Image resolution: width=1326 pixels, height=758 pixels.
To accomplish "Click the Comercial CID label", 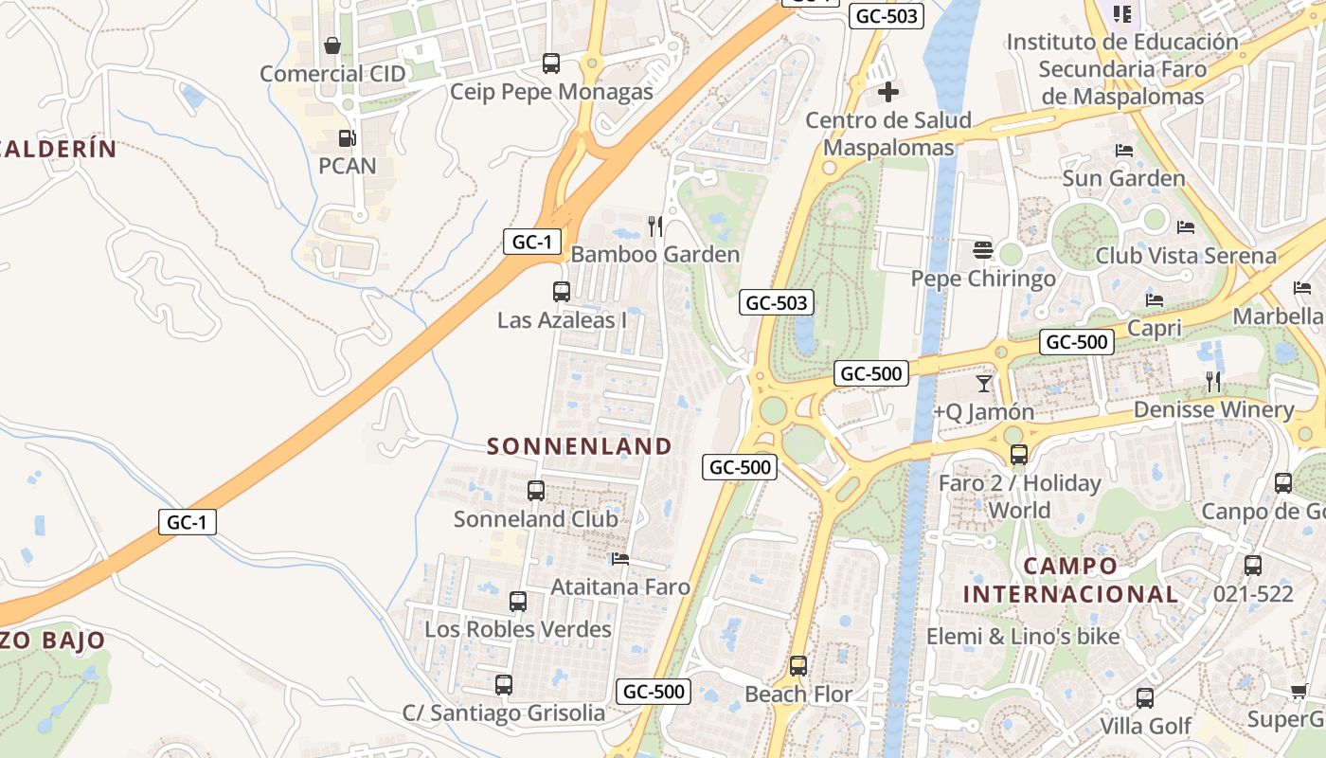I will click(332, 74).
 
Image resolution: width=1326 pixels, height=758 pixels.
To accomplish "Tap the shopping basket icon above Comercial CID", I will click(332, 45).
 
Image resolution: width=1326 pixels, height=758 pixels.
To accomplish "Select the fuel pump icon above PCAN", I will click(347, 138).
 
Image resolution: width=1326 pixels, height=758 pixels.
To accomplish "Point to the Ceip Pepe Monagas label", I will click(551, 92).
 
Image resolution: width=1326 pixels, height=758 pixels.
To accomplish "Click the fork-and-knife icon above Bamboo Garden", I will click(654, 226).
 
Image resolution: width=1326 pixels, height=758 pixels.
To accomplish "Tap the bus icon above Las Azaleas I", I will click(562, 291).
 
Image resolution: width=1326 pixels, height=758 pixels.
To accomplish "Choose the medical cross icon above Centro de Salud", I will click(888, 92).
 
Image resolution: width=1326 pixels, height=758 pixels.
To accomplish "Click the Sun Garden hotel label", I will click(1123, 178).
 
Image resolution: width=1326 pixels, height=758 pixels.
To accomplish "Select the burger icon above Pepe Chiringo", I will click(983, 250).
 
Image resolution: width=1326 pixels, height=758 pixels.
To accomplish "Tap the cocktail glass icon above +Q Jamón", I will click(984, 383).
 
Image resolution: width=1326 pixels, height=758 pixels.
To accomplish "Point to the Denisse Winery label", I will click(1213, 409).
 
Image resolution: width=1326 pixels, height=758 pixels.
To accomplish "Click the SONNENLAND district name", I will click(580, 446).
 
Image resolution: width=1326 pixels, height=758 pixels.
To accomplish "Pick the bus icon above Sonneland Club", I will click(536, 490).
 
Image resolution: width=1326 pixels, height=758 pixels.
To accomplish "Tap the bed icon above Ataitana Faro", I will click(620, 558).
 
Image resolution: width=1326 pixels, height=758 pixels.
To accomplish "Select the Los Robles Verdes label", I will click(518, 629).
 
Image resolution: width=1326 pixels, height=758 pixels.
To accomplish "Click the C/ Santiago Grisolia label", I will click(504, 713).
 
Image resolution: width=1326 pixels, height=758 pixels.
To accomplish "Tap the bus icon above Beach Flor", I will click(798, 665).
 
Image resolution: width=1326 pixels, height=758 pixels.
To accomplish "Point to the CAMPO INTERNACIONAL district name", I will click(1070, 580).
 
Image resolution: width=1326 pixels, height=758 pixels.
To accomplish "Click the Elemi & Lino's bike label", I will click(1023, 637).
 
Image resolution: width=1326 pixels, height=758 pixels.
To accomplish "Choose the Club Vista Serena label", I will click(1186, 256).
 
